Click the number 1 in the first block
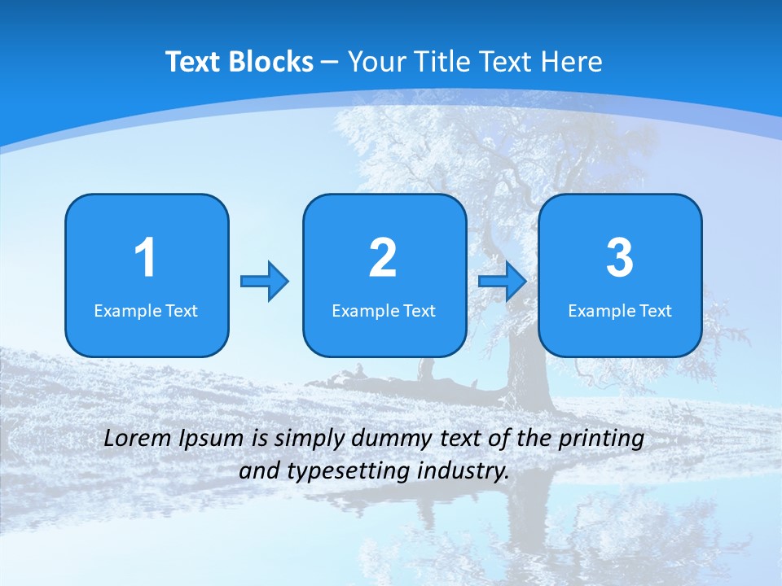[146, 258]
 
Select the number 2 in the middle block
[383, 258]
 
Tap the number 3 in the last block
[620, 258]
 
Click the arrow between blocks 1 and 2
[265, 282]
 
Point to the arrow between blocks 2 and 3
[503, 282]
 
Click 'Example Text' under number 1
[146, 310]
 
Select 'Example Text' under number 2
[384, 310]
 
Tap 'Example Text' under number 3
[620, 310]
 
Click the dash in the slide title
[330, 62]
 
